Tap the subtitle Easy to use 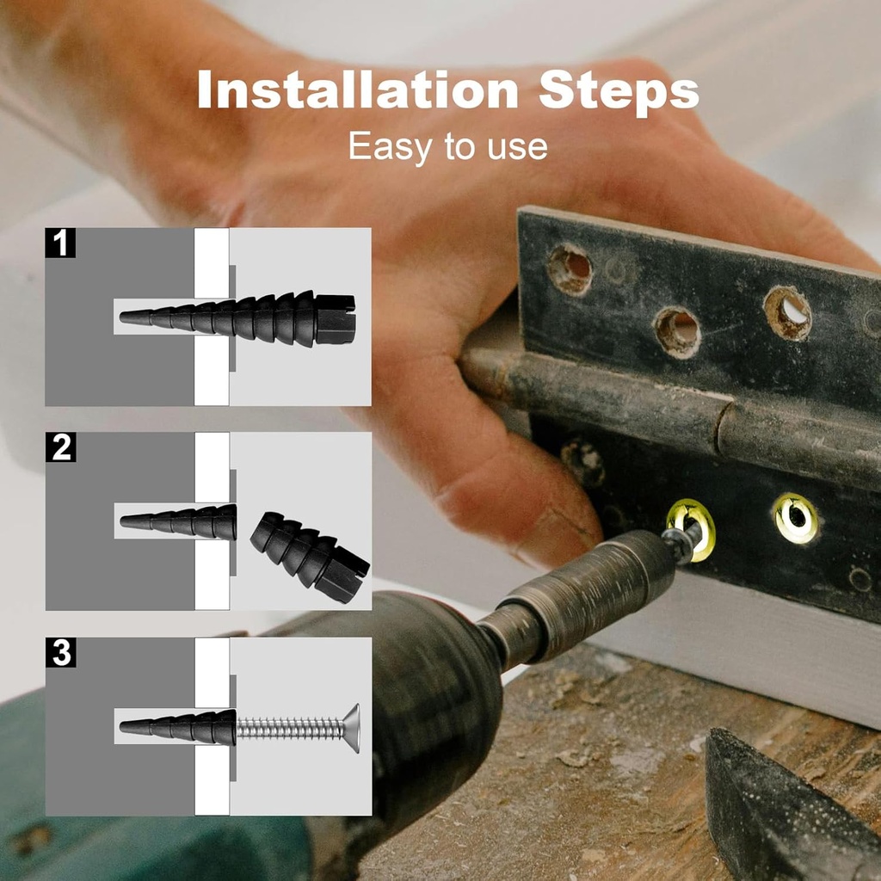[447, 147]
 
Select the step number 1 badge [60, 243]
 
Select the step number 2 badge [60, 447]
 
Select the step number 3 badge [60, 652]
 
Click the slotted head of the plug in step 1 [336, 319]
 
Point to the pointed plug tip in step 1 [129, 317]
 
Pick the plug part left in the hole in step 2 [181, 521]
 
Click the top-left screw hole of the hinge [570, 269]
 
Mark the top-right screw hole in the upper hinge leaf [786, 312]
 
